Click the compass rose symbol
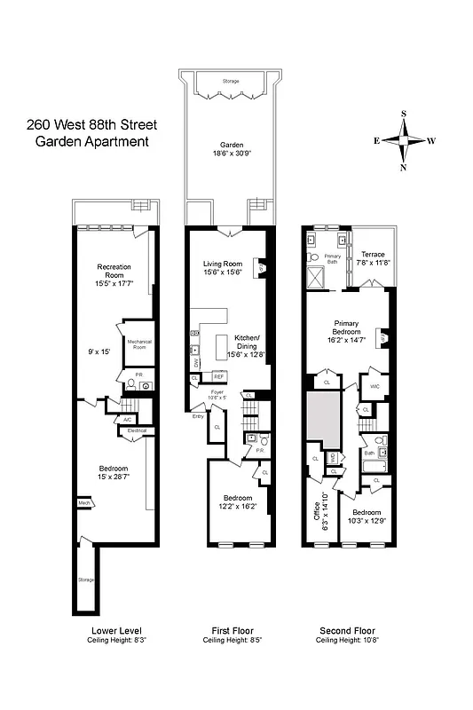pos(404,140)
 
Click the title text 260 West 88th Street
pos(87,125)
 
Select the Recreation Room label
pos(114,271)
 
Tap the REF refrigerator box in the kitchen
pos(218,376)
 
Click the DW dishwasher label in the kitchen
pos(195,364)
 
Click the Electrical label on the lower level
pos(137,430)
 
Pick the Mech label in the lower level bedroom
pos(84,502)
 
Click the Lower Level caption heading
pos(116,631)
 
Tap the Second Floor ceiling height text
pos(345,640)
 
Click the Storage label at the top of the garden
pos(231,81)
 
